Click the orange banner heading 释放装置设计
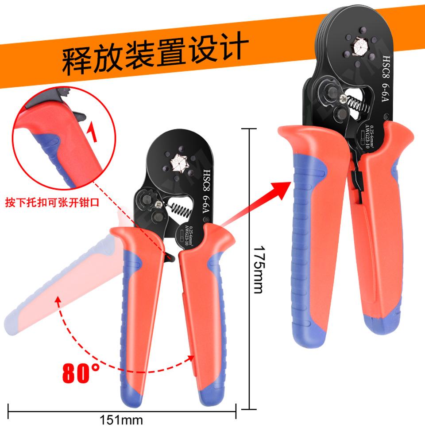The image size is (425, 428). tap(152, 55)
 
